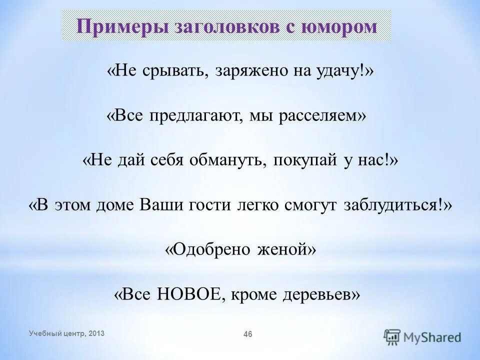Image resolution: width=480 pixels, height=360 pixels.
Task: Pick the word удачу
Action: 342,71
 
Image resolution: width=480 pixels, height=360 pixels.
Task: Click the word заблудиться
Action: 393,205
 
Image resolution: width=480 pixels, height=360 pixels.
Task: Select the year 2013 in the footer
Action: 96,333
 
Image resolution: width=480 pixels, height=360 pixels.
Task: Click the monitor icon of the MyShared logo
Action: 393,337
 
